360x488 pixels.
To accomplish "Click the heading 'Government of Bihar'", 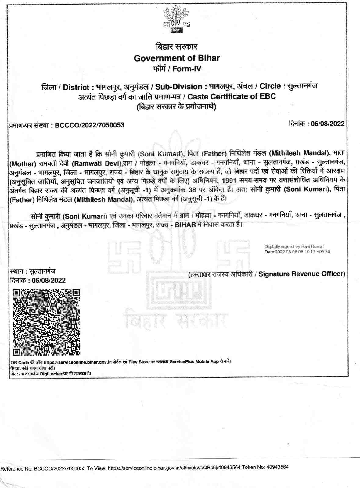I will (177, 58).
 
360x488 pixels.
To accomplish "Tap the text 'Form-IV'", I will (187, 69).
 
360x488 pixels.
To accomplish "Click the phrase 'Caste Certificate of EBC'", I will (232, 97).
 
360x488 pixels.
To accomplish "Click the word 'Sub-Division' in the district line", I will (179, 87).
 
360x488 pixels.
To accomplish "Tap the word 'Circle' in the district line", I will (270, 86).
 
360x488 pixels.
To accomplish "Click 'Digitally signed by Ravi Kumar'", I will (294, 246).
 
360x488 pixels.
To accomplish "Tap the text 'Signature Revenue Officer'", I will (301, 274).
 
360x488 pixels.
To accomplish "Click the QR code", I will (47, 322).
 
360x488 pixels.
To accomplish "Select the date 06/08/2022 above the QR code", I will (46, 281).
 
